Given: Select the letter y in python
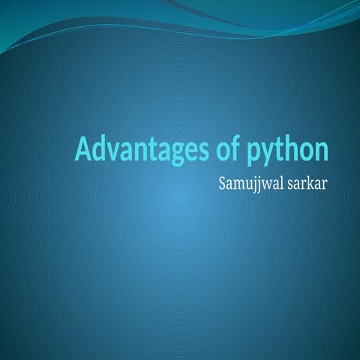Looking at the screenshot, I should [x=265, y=153].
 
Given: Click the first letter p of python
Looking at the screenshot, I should [x=250, y=153].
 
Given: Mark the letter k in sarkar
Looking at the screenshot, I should [x=309, y=181].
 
